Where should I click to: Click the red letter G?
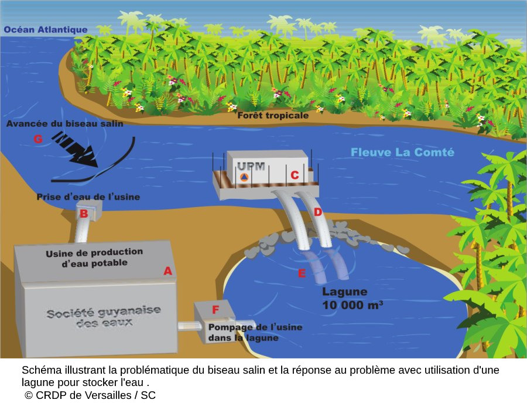click(x=38, y=138)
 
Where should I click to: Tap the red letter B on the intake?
click(x=83, y=214)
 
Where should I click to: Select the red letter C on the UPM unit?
click(x=295, y=175)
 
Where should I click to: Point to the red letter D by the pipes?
click(x=318, y=212)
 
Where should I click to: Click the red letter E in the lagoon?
click(x=302, y=273)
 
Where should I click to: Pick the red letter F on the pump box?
click(x=215, y=309)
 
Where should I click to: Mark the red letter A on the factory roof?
click(x=167, y=270)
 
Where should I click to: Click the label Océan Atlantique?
click(x=46, y=30)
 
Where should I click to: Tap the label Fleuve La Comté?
click(x=402, y=152)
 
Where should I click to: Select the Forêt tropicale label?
click(x=273, y=116)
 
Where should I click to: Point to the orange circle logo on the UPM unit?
click(x=244, y=177)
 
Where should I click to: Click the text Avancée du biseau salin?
click(x=65, y=124)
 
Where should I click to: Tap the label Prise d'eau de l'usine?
click(x=88, y=197)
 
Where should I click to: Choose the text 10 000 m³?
click(x=353, y=305)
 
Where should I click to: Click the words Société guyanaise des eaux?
click(x=104, y=316)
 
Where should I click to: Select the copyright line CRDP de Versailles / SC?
click(x=90, y=395)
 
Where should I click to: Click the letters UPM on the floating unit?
click(x=251, y=166)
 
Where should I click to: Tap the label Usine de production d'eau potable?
click(x=94, y=258)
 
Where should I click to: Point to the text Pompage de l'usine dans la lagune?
click(x=255, y=332)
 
